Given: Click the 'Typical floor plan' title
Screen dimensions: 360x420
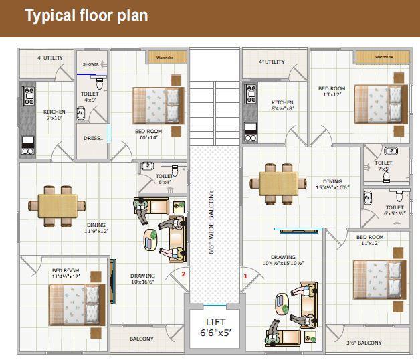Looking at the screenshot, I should [86, 15].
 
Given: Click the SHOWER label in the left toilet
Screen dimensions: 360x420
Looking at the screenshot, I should [90, 64].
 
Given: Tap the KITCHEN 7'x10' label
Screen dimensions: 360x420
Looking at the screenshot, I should [54, 115].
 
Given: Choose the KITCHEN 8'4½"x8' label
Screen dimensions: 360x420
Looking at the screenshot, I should [283, 105].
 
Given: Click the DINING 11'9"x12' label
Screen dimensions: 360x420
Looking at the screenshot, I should [96, 228].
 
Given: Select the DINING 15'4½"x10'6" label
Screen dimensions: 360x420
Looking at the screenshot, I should [332, 185].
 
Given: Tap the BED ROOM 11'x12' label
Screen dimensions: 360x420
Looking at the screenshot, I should [369, 240].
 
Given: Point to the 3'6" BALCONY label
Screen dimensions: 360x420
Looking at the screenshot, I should [364, 343].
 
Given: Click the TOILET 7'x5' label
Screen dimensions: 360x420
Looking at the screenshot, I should [383, 165].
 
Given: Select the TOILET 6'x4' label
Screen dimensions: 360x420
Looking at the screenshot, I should [164, 179].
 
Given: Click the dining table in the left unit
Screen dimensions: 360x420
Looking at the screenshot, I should [56, 203].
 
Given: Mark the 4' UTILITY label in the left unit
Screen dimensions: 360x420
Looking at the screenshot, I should [50, 58].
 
